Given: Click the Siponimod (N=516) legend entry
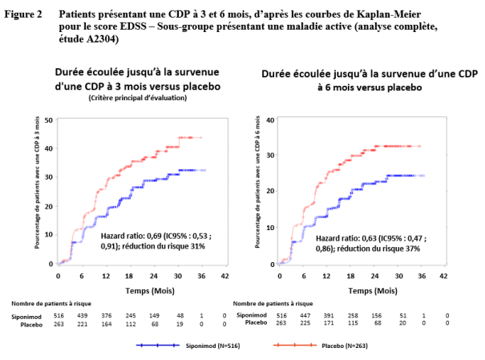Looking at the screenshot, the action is click(188, 346).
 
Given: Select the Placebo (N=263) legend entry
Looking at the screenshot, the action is click(321, 346).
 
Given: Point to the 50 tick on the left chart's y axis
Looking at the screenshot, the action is click(49, 120).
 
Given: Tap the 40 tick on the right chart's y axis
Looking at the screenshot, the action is click(270, 120).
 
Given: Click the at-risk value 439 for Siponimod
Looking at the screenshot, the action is click(83, 315).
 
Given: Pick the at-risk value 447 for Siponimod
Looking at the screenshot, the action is click(305, 315).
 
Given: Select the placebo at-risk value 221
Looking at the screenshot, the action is click(83, 324).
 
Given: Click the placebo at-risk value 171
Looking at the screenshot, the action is click(329, 323).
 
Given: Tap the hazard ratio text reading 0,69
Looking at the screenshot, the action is click(154, 236).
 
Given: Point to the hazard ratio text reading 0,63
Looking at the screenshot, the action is click(369, 238).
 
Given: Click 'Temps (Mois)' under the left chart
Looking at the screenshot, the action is click(150, 291).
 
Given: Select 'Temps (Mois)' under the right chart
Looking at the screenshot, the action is click(373, 291).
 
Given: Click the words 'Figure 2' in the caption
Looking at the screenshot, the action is click(23, 14).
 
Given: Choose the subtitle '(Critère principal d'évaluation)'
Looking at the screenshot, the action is click(138, 98).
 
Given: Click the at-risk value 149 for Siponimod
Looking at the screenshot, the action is click(154, 315).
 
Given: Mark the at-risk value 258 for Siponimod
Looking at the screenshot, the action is click(353, 315).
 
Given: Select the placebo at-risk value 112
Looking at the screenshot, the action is click(131, 324).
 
